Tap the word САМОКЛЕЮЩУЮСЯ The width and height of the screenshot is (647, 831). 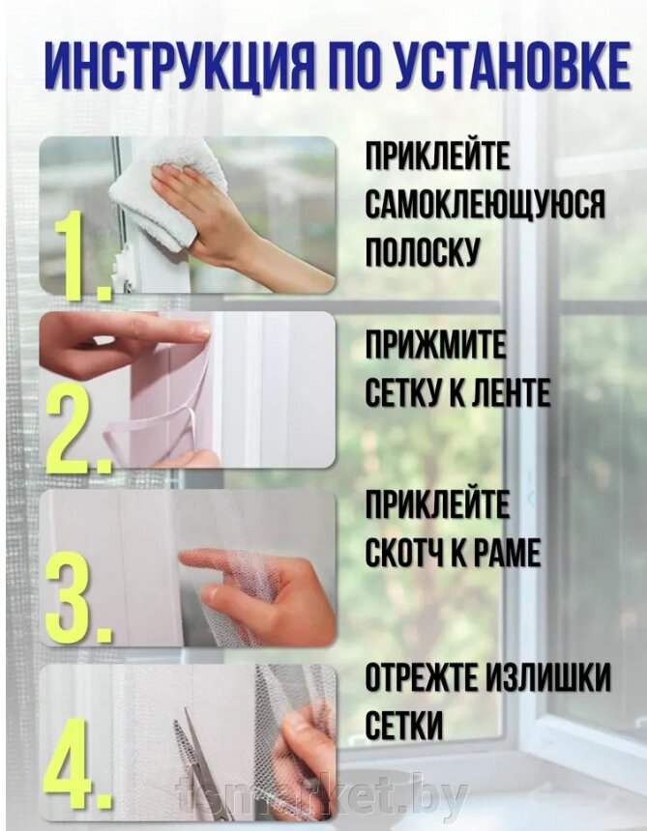485,204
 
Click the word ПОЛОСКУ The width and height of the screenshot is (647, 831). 423,251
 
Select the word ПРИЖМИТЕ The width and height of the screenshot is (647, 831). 436,345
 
